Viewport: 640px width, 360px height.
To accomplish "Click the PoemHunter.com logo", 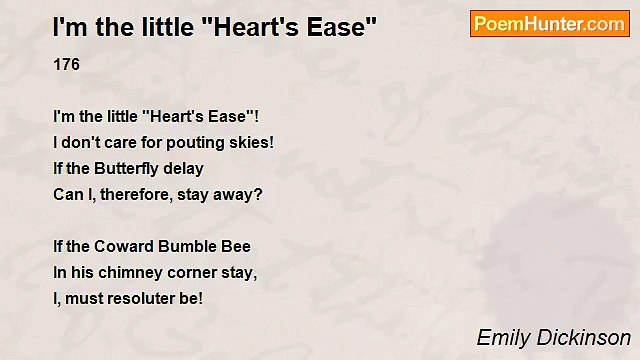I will click(549, 24).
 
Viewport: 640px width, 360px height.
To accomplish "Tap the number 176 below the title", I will click(66, 65).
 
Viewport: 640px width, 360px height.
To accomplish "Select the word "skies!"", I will click(250, 142).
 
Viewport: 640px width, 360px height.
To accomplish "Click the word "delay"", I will click(183, 168).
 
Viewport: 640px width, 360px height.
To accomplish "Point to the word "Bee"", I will click(237, 246).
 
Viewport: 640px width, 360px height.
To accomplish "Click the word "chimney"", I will click(130, 272).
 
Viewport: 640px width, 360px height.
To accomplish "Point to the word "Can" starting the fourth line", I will click(67, 194).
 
